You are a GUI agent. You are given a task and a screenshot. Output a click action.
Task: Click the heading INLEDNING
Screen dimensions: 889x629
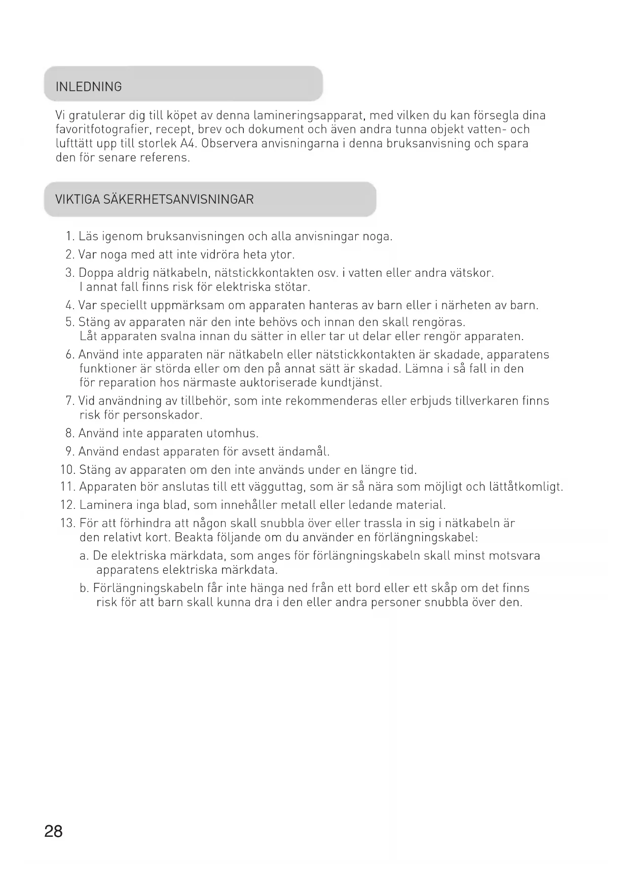[89, 87]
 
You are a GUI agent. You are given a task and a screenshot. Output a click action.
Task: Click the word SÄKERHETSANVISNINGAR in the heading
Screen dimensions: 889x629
[178, 199]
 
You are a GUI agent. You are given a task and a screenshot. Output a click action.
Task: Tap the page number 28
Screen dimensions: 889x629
[53, 831]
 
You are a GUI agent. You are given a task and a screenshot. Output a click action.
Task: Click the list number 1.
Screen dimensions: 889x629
[69, 237]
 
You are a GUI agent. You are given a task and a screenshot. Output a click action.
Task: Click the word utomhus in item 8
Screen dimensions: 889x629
[232, 433]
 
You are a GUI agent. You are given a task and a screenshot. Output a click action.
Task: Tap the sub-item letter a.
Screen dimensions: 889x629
[84, 556]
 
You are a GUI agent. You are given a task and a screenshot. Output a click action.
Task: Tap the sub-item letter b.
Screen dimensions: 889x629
[84, 588]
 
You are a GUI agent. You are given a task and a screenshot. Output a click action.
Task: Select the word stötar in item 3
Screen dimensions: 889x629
[291, 287]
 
